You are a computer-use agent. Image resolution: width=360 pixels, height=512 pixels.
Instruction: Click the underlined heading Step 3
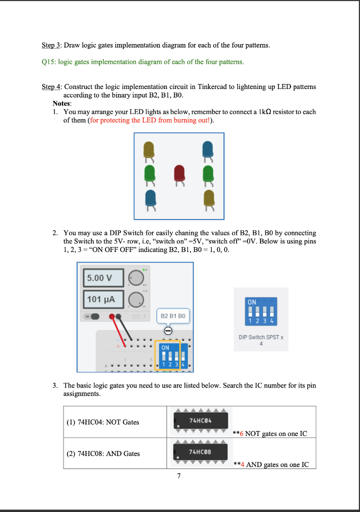point(51,45)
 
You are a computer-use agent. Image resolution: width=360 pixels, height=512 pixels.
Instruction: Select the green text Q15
point(49,62)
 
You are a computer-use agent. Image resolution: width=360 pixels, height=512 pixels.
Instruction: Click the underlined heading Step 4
point(51,86)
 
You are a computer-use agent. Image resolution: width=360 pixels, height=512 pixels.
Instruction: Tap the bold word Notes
point(61,103)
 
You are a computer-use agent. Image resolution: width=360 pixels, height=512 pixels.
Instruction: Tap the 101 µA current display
point(103,299)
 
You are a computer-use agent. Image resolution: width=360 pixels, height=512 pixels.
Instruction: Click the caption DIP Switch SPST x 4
point(260,340)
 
